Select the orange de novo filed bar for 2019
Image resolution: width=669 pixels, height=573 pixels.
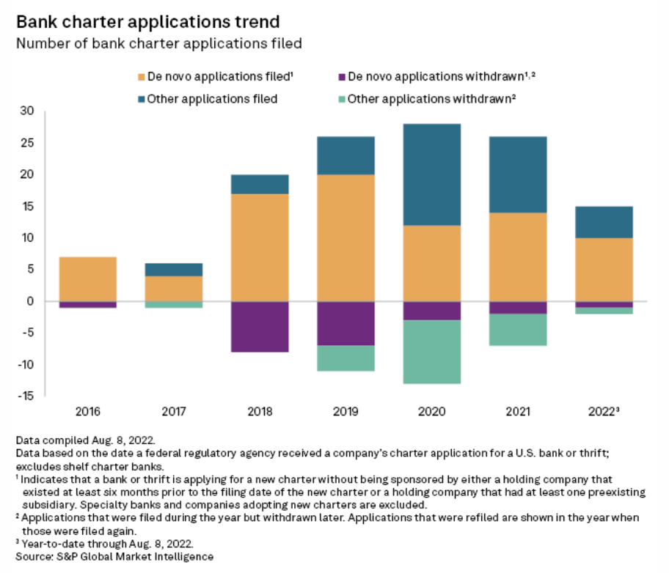pyautogui.click(x=346, y=237)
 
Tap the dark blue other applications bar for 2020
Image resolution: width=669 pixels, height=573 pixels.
pyautogui.click(x=433, y=174)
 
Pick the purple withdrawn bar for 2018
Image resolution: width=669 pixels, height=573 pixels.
pyautogui.click(x=260, y=326)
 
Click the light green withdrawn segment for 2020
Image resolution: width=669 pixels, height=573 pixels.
pyautogui.click(x=433, y=351)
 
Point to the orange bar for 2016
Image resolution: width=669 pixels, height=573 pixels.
pyautogui.click(x=87, y=278)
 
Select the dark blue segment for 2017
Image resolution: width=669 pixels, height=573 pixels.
pyautogui.click(x=174, y=269)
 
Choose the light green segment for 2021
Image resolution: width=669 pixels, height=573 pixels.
pyautogui.click(x=519, y=329)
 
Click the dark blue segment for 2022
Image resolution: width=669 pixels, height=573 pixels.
pyautogui.click(x=604, y=222)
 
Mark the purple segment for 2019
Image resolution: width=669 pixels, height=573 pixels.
pyautogui.click(x=346, y=322)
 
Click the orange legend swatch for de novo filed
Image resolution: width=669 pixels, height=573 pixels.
pyautogui.click(x=142, y=76)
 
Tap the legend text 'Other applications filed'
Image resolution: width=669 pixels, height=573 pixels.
pyautogui.click(x=212, y=98)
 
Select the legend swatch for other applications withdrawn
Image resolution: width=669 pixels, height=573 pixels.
pyautogui.click(x=340, y=98)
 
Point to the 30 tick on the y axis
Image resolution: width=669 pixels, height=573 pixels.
pyautogui.click(x=28, y=111)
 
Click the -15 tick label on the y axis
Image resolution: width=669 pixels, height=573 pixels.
pyautogui.click(x=26, y=396)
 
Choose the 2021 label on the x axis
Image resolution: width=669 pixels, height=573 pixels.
pyautogui.click(x=519, y=412)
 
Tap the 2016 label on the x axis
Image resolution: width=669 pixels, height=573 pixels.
pyautogui.click(x=87, y=412)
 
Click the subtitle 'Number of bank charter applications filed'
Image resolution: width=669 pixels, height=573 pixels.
pyautogui.click(x=159, y=44)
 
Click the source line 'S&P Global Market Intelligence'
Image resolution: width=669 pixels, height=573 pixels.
pyautogui.click(x=114, y=557)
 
